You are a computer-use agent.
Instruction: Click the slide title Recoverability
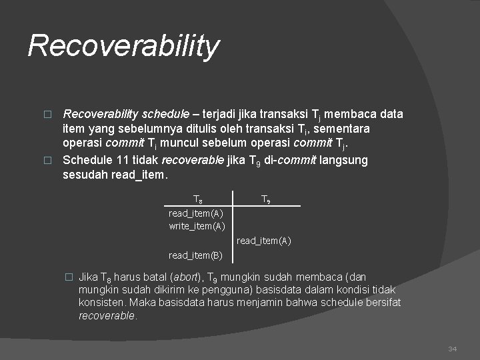pyautogui.click(x=123, y=47)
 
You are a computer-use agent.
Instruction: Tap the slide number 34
pyautogui.click(x=453, y=349)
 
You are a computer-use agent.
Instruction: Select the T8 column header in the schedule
pyautogui.click(x=198, y=199)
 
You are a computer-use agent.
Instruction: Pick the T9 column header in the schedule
pyautogui.click(x=265, y=199)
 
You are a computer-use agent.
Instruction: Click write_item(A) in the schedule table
pyautogui.click(x=196, y=226)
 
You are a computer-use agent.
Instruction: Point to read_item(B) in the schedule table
pyautogui.click(x=196, y=255)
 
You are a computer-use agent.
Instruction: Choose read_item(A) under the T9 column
pyautogui.click(x=264, y=241)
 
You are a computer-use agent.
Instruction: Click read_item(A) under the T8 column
pyautogui.click(x=196, y=213)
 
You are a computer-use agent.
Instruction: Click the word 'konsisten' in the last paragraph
pyautogui.click(x=99, y=303)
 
